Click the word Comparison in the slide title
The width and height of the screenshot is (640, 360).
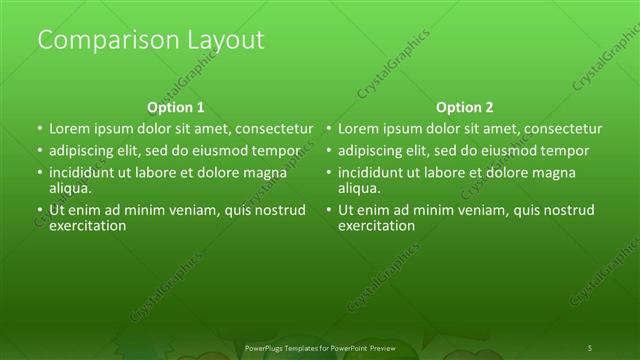coord(95,41)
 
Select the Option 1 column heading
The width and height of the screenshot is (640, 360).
coord(175,107)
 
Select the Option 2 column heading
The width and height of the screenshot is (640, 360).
coord(464,107)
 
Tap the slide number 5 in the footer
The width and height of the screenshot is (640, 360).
coord(590,348)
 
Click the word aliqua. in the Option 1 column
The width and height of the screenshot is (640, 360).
coord(70,187)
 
